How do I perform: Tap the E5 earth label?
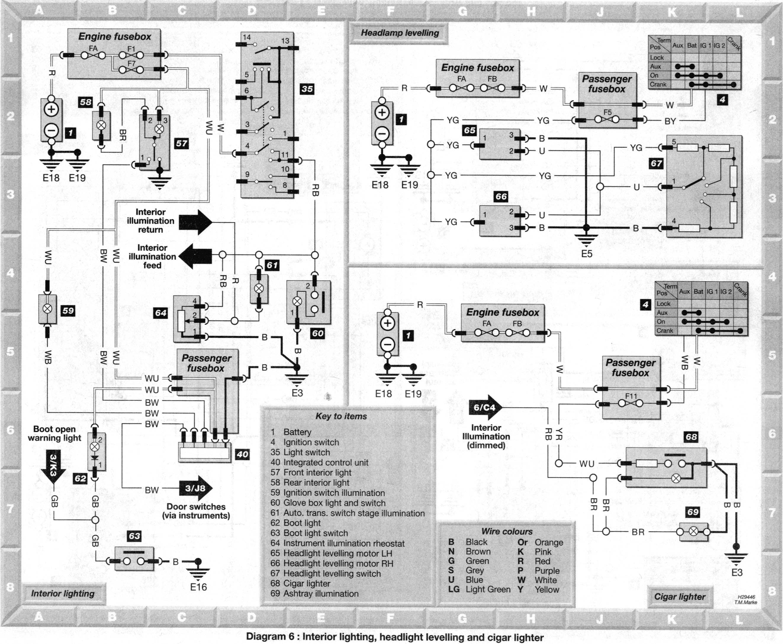point(587,254)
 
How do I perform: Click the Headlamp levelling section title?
point(400,33)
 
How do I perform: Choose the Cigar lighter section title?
point(680,597)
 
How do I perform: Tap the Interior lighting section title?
point(63,594)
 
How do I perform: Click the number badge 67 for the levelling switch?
point(656,163)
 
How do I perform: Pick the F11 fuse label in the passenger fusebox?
point(631,396)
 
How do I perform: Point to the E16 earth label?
point(198,587)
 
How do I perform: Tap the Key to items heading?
point(341,416)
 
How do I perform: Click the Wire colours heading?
point(507,531)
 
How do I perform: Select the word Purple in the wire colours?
point(547,571)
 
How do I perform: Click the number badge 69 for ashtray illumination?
point(693,512)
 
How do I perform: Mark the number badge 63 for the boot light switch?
point(134,536)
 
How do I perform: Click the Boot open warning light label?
point(54,433)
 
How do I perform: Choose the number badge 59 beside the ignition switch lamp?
point(68,311)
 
